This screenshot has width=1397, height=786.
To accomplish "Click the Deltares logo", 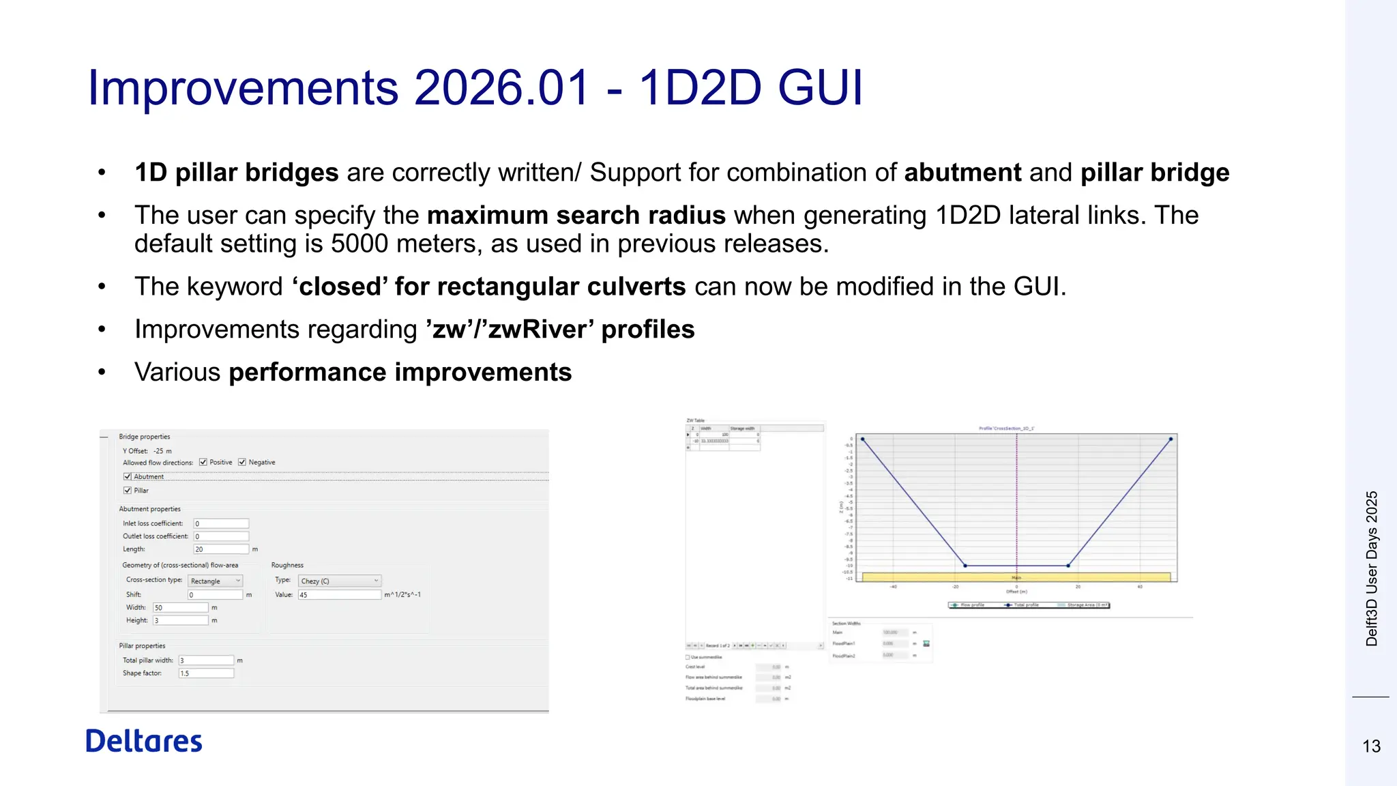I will click(x=144, y=741).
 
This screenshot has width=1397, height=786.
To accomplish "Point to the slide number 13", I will click(x=1371, y=746).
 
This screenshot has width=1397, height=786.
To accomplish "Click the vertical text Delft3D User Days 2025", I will click(x=1372, y=568).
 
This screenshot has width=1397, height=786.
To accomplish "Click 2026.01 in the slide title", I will click(x=501, y=87).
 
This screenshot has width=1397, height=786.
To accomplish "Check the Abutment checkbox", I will click(x=128, y=477).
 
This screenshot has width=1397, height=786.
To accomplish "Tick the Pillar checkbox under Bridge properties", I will click(x=128, y=491).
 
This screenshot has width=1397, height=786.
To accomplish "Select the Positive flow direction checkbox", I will click(x=203, y=463).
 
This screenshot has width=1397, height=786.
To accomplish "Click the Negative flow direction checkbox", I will click(x=242, y=463).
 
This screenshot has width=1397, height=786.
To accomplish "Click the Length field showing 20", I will click(x=221, y=549).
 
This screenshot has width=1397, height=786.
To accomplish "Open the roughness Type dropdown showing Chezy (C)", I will click(x=339, y=581).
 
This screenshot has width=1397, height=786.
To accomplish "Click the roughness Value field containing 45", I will click(x=339, y=595).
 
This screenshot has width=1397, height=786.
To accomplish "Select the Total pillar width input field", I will click(x=206, y=660).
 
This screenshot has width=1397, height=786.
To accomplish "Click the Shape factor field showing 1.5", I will click(x=206, y=673).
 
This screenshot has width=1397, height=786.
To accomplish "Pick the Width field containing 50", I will click(x=180, y=607).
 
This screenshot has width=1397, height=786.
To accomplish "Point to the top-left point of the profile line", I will click(x=863, y=439).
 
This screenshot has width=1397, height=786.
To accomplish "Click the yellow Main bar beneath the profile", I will click(x=1016, y=577).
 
